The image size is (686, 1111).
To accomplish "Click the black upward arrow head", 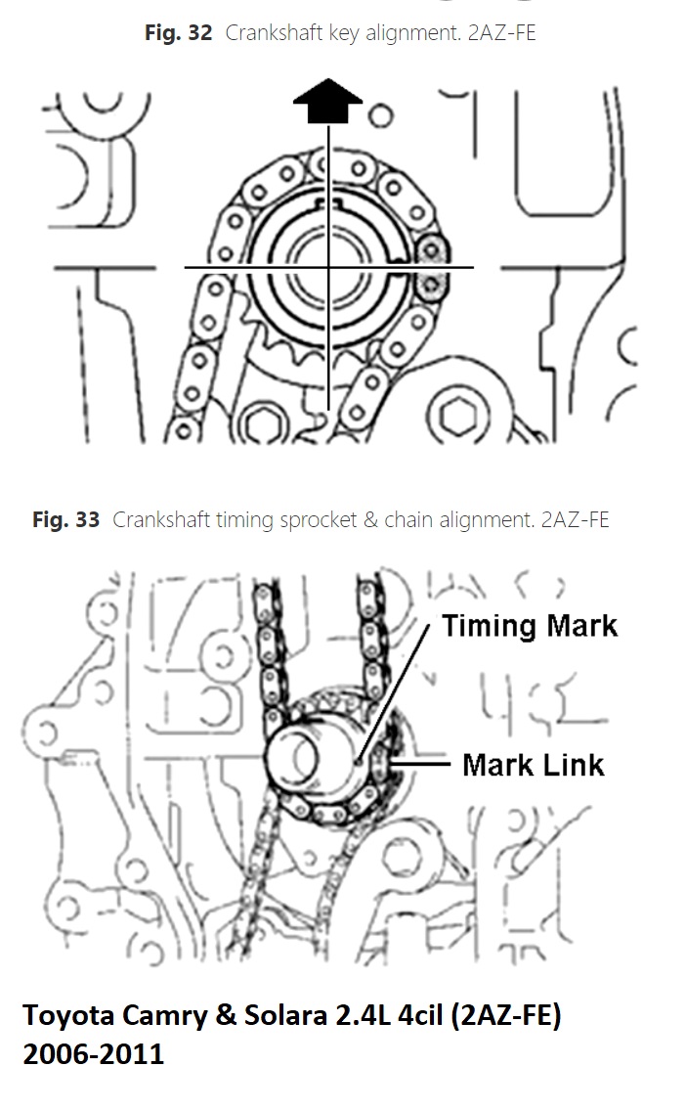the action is [x=327, y=100].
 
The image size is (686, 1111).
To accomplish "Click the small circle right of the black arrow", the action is [x=381, y=115].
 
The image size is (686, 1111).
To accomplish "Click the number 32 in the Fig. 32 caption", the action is [x=200, y=32].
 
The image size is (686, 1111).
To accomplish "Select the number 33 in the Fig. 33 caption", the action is [x=88, y=520].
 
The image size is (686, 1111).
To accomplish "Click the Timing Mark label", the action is [x=530, y=626].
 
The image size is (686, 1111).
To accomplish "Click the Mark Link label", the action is [x=534, y=765].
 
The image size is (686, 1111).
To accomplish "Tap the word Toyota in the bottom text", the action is [x=68, y=1016].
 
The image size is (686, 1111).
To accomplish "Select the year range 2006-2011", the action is [x=94, y=1054].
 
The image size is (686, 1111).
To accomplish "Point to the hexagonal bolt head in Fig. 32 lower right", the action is [x=458, y=416].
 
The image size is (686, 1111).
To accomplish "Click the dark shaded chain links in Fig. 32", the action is [x=430, y=266].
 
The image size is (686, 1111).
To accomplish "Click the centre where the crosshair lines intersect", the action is [x=328, y=267].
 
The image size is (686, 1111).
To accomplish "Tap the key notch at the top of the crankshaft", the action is [x=327, y=205].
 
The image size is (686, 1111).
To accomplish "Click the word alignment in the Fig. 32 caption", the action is [x=411, y=32].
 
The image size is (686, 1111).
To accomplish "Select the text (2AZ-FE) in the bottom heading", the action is [x=510, y=1016].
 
